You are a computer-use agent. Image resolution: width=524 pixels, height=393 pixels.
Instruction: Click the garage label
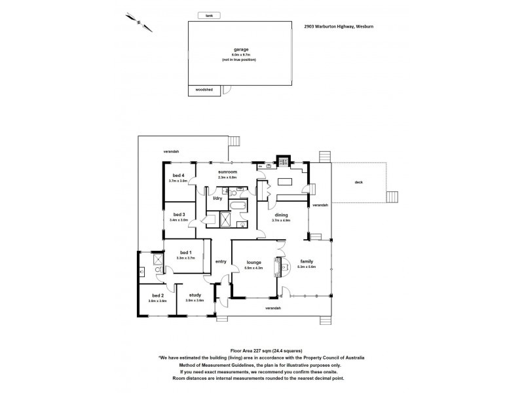tap(239, 49)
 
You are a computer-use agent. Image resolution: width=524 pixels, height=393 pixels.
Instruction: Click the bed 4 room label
tap(178, 176)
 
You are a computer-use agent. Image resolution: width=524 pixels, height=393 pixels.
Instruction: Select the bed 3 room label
tap(178, 214)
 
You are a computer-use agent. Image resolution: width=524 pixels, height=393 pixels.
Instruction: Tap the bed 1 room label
tap(185, 253)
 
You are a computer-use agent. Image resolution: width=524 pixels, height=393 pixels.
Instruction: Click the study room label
tap(195, 295)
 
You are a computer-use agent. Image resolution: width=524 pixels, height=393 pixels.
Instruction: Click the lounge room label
tap(253, 262)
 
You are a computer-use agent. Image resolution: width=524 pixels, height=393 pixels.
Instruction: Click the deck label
tap(358, 182)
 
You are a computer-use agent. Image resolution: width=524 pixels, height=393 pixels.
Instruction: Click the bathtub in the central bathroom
tap(236, 208)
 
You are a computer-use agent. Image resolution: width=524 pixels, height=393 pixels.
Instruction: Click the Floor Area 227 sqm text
tap(261, 351)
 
